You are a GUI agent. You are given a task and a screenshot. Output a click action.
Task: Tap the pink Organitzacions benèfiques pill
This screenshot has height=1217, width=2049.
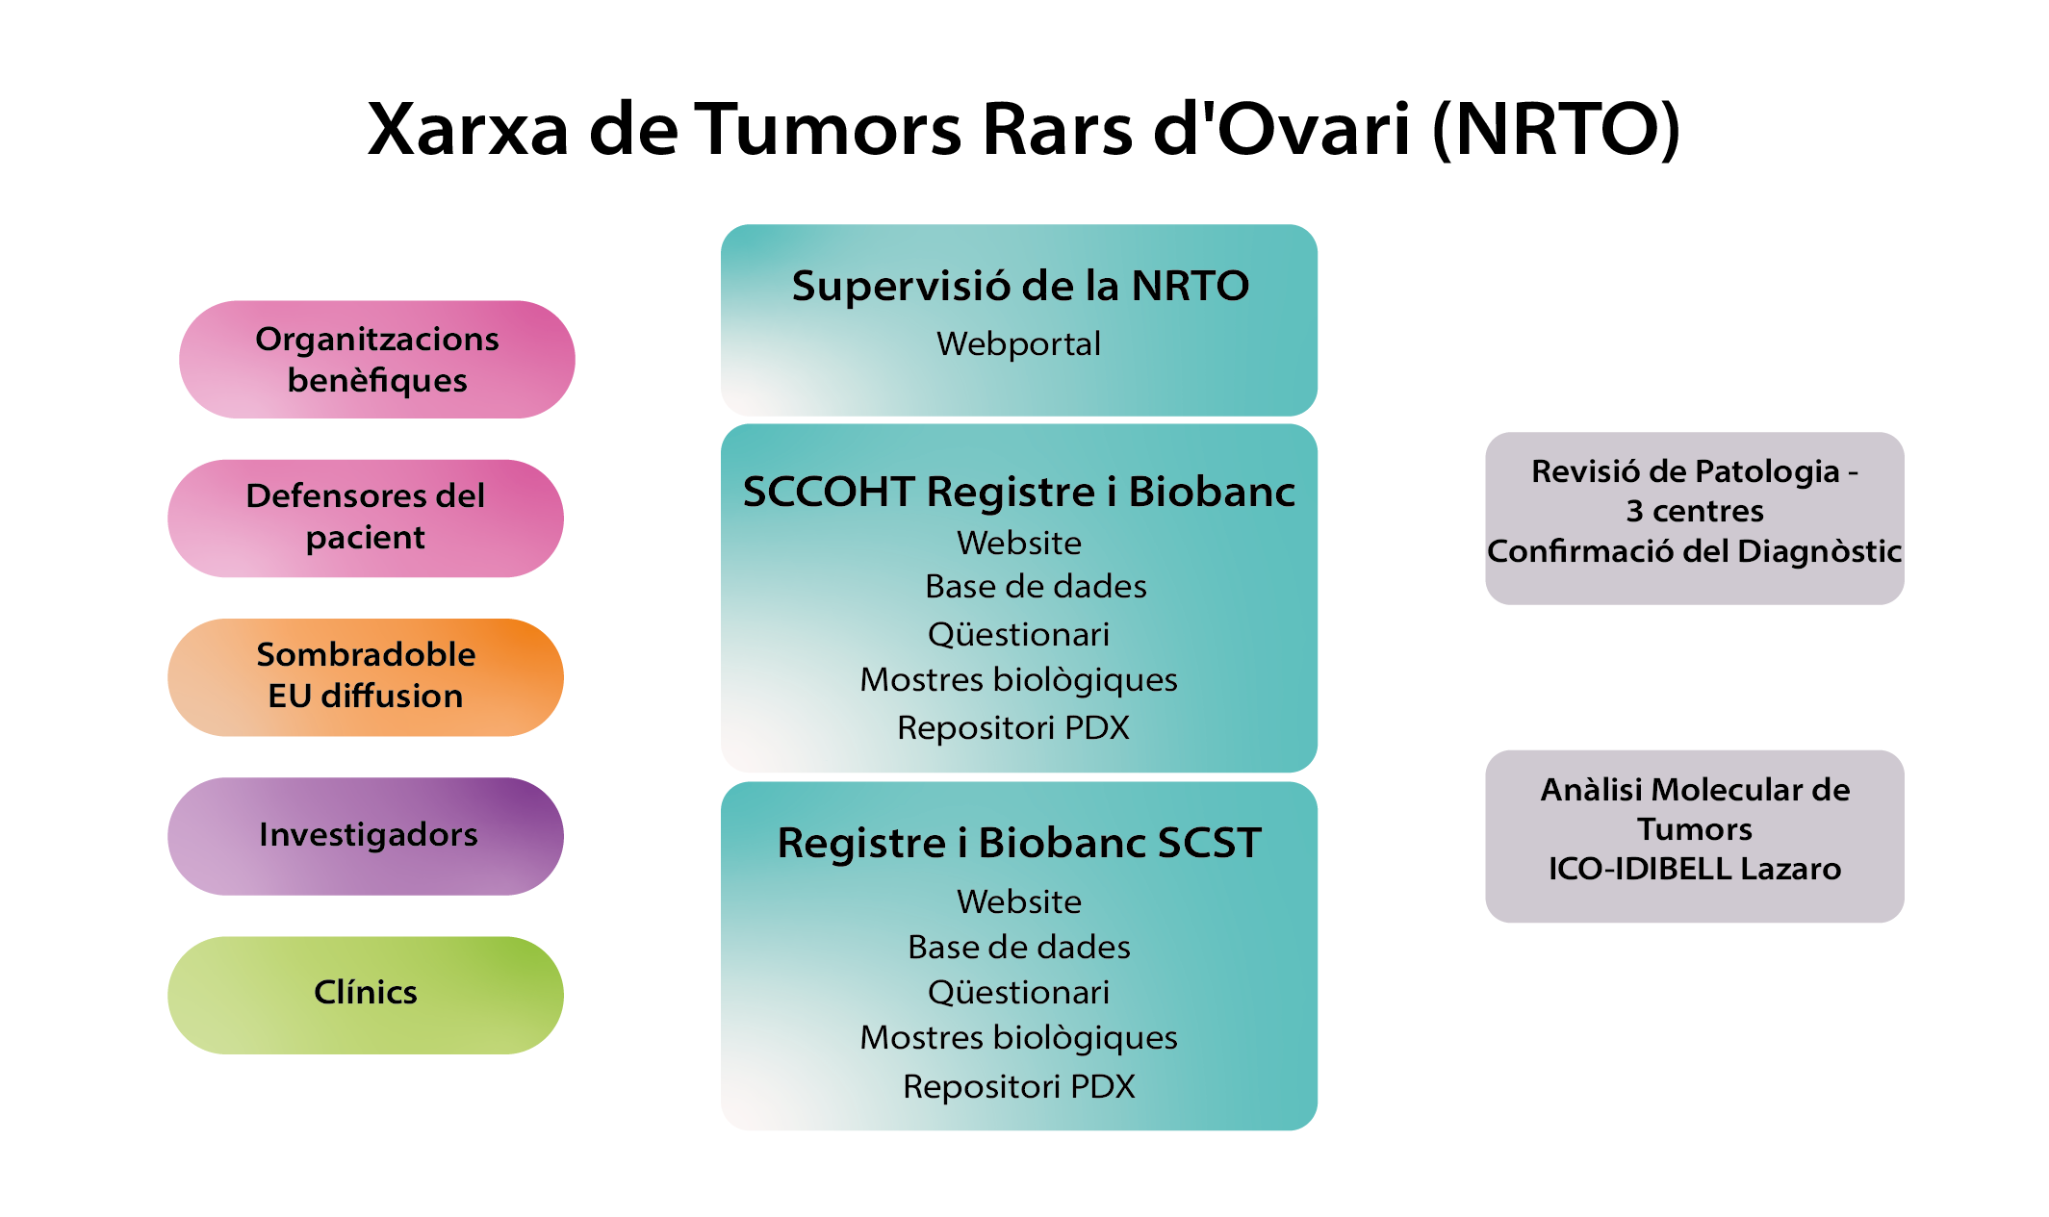[x=377, y=359]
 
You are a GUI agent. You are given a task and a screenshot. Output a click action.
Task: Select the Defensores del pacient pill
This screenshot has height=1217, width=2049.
[x=366, y=518]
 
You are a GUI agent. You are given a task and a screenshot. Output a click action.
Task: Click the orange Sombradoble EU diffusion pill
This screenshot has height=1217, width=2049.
[x=366, y=677]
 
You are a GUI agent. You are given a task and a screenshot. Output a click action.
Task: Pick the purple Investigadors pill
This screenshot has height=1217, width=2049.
[x=366, y=836]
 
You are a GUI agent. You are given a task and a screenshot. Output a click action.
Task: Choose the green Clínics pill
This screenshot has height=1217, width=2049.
[x=366, y=995]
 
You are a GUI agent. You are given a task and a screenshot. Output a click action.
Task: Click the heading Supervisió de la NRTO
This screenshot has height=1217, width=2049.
[x=1020, y=286]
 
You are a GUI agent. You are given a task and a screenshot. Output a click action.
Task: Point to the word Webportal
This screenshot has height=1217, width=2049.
[x=1018, y=343]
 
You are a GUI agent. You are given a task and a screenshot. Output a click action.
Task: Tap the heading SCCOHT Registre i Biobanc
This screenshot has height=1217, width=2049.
[x=1019, y=492]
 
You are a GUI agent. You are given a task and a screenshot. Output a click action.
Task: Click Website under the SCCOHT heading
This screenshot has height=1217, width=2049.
[x=1019, y=543]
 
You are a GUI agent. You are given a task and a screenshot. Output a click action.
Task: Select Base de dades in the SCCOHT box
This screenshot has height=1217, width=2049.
[x=1036, y=586]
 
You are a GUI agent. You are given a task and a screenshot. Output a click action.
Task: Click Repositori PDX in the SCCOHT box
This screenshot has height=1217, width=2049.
[x=1013, y=727]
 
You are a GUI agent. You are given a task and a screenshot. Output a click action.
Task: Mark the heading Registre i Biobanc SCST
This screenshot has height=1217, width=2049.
[x=1019, y=843]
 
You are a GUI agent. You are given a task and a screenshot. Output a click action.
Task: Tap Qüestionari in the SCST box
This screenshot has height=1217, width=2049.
[x=1018, y=992]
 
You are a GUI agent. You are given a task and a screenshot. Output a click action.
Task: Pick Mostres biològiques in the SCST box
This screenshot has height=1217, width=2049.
[x=1018, y=1038]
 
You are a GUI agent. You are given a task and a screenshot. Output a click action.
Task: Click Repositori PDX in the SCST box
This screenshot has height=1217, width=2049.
[x=1018, y=1086]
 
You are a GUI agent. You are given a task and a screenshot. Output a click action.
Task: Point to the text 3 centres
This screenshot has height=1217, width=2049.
[x=1695, y=511]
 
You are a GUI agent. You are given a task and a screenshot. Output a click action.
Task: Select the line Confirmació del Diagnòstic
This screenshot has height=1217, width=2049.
[x=1694, y=551]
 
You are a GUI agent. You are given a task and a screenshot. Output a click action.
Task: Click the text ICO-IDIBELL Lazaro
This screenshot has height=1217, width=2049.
[x=1695, y=869]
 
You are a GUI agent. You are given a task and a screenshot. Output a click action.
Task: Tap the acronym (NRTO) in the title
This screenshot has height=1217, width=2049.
[x=1556, y=129]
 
